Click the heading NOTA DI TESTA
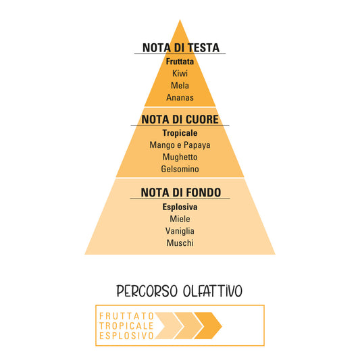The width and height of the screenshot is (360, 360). click(181, 48)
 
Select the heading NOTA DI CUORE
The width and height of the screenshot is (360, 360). click(180, 120)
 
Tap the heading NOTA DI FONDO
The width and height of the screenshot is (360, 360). click(181, 192)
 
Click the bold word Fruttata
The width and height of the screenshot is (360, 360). click(180, 61)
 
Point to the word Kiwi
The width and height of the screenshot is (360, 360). click(180, 74)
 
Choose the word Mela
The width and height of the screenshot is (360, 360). click(180, 85)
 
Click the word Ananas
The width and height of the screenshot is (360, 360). click(180, 97)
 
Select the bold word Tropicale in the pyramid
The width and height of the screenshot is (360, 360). click(180, 133)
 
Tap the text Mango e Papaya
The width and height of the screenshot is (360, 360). click(180, 145)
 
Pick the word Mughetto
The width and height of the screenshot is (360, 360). click(180, 157)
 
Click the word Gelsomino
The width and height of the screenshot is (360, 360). click(180, 169)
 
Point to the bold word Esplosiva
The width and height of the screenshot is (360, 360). click(180, 207)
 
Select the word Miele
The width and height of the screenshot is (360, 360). click(180, 219)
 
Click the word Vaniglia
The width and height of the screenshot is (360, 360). click(180, 231)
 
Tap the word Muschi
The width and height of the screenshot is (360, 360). click(180, 243)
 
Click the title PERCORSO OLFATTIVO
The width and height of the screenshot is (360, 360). click(179, 291)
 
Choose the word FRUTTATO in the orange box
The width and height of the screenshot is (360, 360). click(126, 316)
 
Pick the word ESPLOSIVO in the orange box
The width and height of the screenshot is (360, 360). click(126, 336)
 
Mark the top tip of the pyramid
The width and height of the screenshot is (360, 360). click(180, 20)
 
